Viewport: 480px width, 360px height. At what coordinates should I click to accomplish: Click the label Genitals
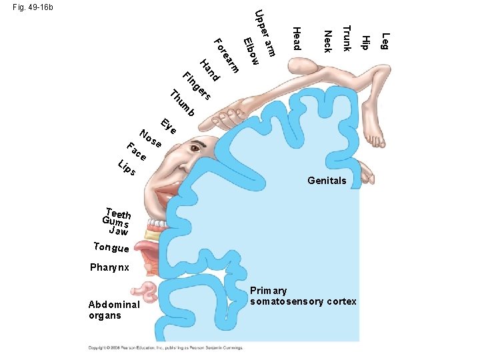[327, 181]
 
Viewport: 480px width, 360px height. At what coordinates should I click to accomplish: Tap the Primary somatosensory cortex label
[303, 296]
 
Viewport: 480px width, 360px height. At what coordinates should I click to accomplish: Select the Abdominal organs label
[114, 309]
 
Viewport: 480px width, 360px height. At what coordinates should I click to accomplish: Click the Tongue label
[111, 247]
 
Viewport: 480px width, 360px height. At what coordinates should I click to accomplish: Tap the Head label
[297, 38]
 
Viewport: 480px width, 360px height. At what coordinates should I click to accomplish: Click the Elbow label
[251, 51]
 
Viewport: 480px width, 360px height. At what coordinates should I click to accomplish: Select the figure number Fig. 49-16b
[33, 7]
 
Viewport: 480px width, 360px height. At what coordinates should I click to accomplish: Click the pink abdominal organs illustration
[147, 293]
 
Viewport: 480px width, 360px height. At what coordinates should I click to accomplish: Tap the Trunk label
[346, 37]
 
